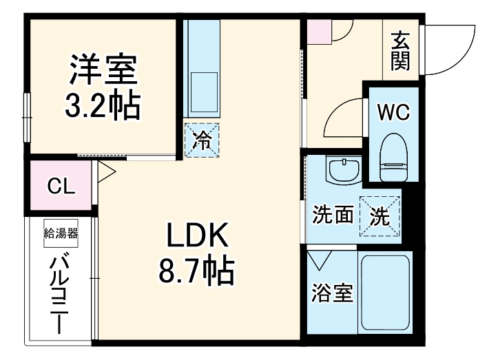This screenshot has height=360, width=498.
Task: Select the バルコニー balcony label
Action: click(62, 293)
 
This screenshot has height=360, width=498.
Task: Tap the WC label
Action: click(395, 111)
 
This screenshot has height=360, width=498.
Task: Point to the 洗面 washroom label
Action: click(333, 215)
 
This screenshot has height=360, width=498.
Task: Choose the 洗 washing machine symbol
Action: click(380, 217)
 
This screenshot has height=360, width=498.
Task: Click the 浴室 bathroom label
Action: click(334, 294)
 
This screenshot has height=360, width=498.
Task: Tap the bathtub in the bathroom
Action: click(386, 294)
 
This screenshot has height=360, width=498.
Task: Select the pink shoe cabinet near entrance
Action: click(318, 32)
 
